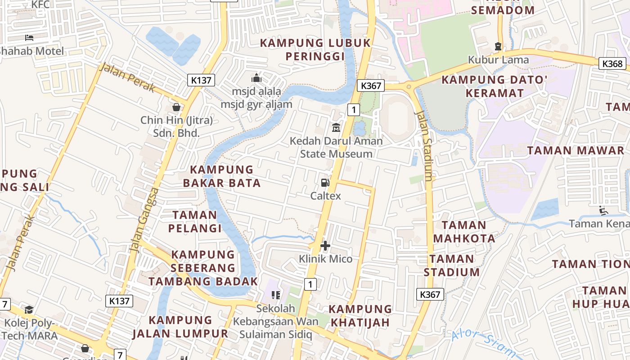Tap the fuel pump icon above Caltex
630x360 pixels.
click(x=325, y=182)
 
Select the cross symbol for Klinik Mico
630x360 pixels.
click(x=325, y=246)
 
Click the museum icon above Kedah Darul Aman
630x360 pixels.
click(x=336, y=128)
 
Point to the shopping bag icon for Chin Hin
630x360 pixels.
click(x=176, y=107)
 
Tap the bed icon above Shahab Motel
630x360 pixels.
click(x=29, y=38)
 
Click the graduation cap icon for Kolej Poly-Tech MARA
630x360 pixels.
click(x=29, y=310)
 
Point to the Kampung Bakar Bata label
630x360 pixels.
click(x=222, y=176)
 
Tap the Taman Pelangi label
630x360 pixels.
click(x=195, y=221)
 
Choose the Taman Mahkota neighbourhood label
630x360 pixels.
click(x=464, y=231)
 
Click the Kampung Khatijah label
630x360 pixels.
click(x=360, y=315)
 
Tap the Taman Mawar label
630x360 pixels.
click(x=576, y=150)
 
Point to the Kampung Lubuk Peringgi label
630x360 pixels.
click(x=315, y=49)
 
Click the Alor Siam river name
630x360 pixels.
click(x=484, y=343)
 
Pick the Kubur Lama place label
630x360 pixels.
click(x=498, y=59)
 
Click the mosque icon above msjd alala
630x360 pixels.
click(x=256, y=78)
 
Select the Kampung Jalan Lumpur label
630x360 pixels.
click(x=180, y=327)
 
